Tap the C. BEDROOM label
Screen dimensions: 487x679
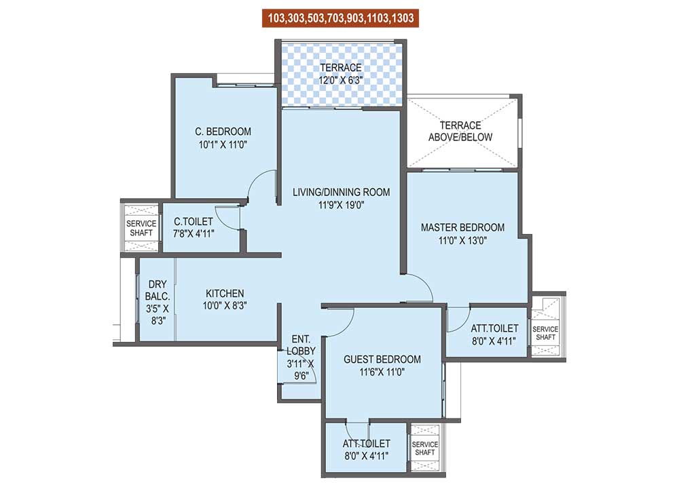click(213, 131)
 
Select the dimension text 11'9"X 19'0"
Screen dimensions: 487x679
click(341, 206)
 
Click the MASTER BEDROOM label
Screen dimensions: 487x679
click(462, 227)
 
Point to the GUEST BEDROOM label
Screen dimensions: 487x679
click(382, 359)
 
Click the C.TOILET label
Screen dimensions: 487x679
click(194, 222)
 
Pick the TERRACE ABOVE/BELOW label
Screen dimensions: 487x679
click(460, 131)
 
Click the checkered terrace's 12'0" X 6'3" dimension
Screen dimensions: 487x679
click(341, 80)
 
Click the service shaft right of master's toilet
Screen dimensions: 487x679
click(545, 333)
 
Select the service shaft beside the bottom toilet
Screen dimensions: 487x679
click(425, 448)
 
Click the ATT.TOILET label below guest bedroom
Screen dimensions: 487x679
click(367, 444)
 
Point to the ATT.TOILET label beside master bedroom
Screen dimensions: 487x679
click(494, 328)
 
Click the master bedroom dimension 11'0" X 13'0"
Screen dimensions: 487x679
click(462, 240)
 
